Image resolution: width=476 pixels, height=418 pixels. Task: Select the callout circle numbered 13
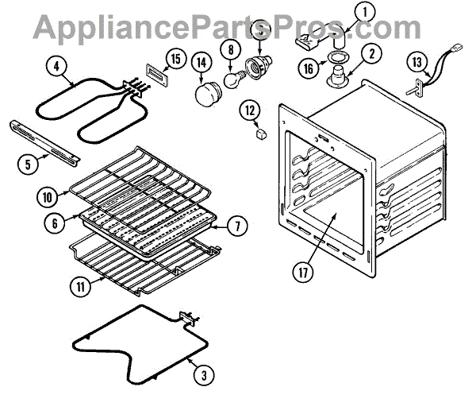pyautogui.click(x=417, y=61)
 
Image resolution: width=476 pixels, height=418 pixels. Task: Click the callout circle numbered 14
pyautogui.click(x=200, y=61)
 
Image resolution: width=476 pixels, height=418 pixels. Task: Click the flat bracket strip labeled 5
pyautogui.click(x=44, y=138)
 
